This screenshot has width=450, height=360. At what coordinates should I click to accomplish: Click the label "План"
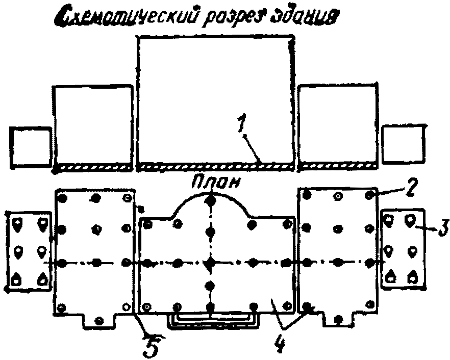coord(216,183)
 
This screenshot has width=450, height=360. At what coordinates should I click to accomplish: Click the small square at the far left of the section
coord(31,146)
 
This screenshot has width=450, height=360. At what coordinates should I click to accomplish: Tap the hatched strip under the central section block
coord(215,167)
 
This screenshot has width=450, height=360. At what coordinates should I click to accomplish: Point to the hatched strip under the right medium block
coord(338,166)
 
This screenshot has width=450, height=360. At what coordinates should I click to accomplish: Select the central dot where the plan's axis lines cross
coord(210,262)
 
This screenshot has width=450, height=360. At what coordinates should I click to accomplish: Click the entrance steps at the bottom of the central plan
coord(213,320)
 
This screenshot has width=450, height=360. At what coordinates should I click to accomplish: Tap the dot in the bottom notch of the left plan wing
coord(99,320)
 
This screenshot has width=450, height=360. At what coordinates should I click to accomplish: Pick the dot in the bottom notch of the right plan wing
coord(339,319)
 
